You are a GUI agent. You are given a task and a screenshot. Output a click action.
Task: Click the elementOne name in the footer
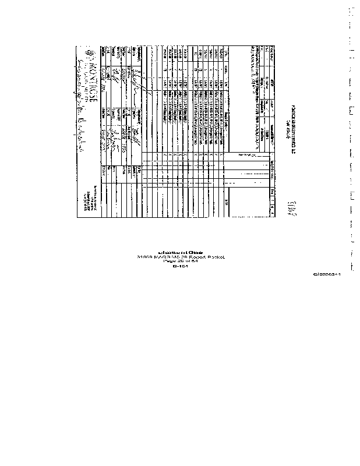180,251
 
